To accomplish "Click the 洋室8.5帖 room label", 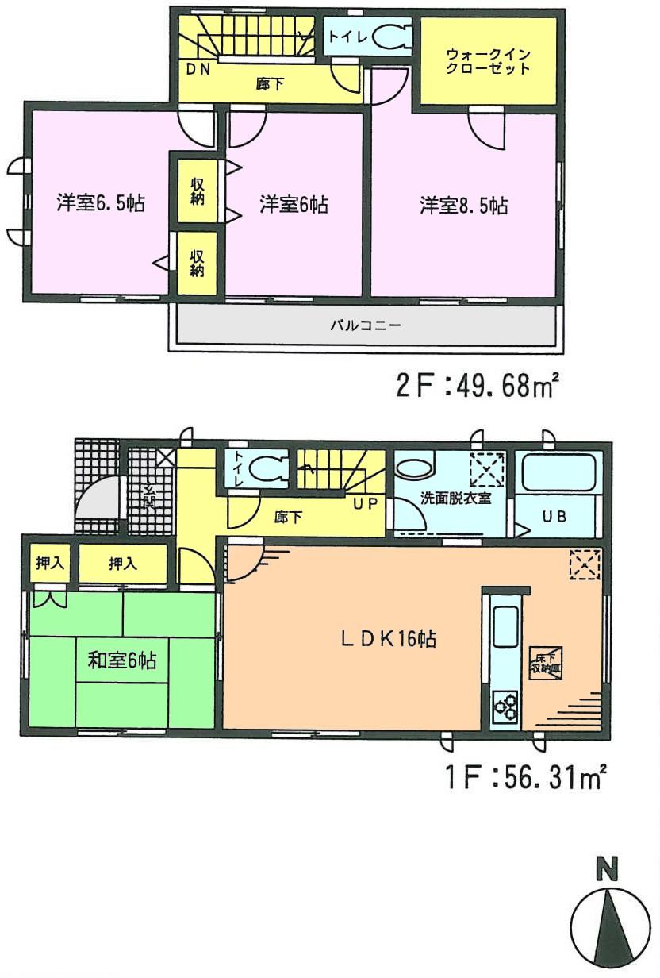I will click(x=464, y=206).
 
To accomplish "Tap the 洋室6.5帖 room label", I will click(x=100, y=203).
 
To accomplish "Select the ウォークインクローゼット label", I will click(x=488, y=61).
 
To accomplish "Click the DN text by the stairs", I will click(x=198, y=69).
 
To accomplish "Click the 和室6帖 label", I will click(x=121, y=660).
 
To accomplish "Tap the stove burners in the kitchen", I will click(x=505, y=704).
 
